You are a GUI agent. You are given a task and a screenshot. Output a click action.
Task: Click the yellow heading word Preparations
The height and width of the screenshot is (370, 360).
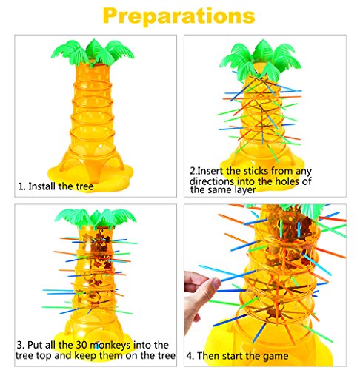click(179, 16)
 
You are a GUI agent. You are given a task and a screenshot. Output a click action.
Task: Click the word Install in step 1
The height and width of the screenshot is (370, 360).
click(41, 186)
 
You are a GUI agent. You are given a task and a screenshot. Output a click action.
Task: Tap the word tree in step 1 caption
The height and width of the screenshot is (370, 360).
click(84, 186)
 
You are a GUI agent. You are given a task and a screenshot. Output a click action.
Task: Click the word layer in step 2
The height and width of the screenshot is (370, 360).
click(244, 190)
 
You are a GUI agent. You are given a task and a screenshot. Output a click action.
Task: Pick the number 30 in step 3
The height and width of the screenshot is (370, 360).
click(81, 345)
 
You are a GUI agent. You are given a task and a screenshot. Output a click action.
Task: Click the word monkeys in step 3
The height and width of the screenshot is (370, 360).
click(110, 346)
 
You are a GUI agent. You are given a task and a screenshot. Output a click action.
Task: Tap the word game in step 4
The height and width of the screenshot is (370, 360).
click(276, 357)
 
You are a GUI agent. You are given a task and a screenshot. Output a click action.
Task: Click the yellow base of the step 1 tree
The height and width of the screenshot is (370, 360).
click(90, 172)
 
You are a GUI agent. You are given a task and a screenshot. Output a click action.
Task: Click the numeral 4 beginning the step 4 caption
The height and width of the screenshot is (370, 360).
click(189, 356)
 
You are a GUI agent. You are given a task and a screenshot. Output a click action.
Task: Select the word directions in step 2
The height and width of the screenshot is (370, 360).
click(212, 181)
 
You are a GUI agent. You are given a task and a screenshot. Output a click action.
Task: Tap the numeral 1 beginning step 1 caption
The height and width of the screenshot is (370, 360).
click(20, 186)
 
